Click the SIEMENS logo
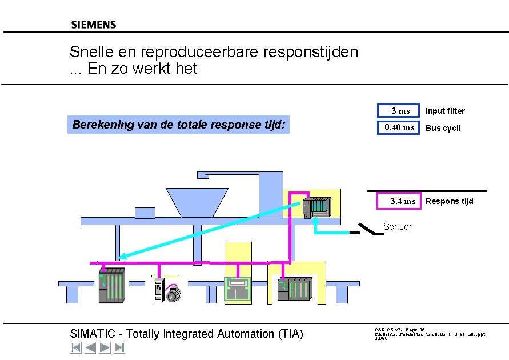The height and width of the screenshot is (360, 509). (x=94, y=25)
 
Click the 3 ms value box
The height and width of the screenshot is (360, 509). (x=398, y=110)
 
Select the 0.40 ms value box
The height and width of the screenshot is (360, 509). (x=398, y=127)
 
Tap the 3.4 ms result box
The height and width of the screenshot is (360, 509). (x=399, y=201)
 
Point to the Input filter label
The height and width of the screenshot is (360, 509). (x=445, y=111)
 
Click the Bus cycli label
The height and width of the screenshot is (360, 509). (x=443, y=128)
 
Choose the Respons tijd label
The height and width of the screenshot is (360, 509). (x=449, y=201)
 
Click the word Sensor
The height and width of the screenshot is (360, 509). (x=397, y=227)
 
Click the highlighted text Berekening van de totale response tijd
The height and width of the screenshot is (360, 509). (x=179, y=125)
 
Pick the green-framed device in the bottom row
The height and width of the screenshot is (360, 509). (x=238, y=289)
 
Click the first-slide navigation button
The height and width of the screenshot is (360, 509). (x=75, y=347)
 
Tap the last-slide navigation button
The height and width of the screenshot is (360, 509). (x=119, y=347)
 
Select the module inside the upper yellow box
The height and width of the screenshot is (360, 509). (x=319, y=206)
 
